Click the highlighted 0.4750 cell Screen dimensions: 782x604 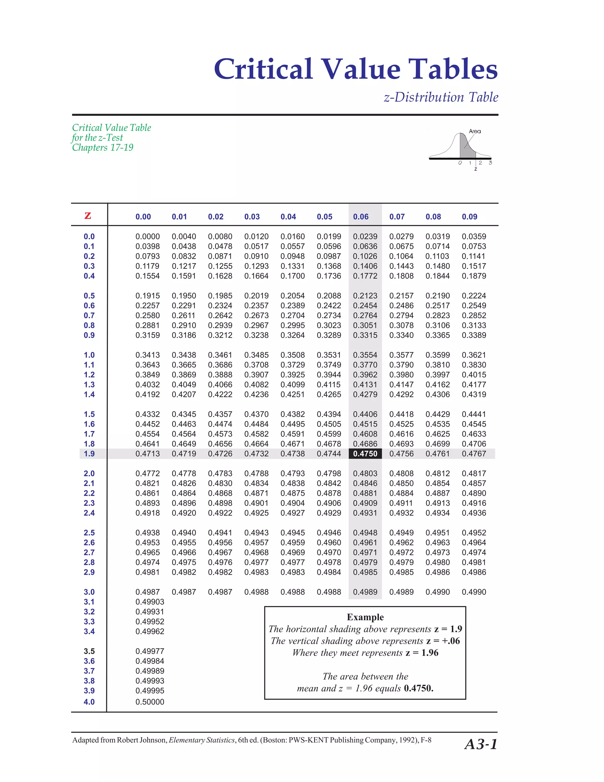click(365, 454)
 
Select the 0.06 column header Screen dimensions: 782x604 click(361, 217)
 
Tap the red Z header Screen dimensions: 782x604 click(88, 215)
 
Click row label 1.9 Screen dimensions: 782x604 click(89, 454)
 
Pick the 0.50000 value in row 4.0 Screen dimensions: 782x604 click(150, 702)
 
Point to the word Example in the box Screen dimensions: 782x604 click(365, 617)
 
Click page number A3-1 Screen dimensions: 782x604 click(481, 744)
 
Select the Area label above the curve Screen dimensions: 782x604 click(475, 131)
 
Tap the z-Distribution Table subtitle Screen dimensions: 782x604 click(441, 97)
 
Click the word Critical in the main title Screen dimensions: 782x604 click(263, 69)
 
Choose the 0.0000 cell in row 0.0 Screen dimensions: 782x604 click(147, 236)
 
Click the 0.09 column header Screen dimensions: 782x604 click(470, 217)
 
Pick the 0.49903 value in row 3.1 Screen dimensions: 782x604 click(150, 602)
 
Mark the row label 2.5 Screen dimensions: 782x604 click(89, 533)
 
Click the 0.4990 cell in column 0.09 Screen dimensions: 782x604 click(474, 592)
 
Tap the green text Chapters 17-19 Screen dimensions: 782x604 click(103, 148)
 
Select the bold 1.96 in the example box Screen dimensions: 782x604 click(429, 653)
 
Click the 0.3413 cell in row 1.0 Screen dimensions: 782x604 click(147, 355)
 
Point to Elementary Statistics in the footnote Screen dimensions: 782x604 click(201, 740)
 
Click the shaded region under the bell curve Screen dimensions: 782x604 click(466, 150)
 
